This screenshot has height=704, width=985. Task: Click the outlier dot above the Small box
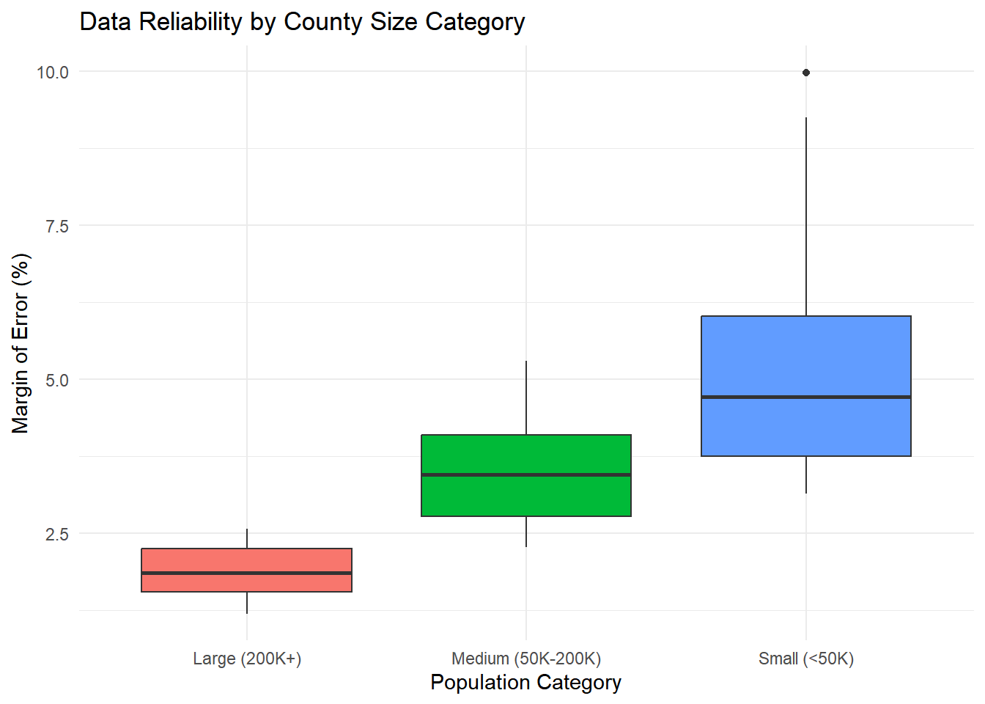pos(805,73)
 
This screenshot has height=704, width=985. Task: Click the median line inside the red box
pos(246,573)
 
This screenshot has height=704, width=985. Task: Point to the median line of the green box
pos(525,475)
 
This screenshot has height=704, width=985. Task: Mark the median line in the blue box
pos(805,397)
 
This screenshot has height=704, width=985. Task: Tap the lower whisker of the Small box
pos(805,475)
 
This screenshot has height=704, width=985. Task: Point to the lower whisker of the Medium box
pos(525,532)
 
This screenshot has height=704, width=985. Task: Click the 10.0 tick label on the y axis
pos(53,72)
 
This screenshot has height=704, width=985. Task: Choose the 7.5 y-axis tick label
pos(57,226)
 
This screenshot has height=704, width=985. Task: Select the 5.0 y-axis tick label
pos(57,380)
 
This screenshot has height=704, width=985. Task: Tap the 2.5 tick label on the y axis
pos(57,534)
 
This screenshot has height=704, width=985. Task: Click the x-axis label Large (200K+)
pos(247,659)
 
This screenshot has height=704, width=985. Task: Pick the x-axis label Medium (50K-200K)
pos(525,659)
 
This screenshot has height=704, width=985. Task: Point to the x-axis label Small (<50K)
pos(805,659)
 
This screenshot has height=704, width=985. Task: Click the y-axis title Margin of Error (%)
pos(21,343)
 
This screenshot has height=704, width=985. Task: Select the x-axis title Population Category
pos(525,683)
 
